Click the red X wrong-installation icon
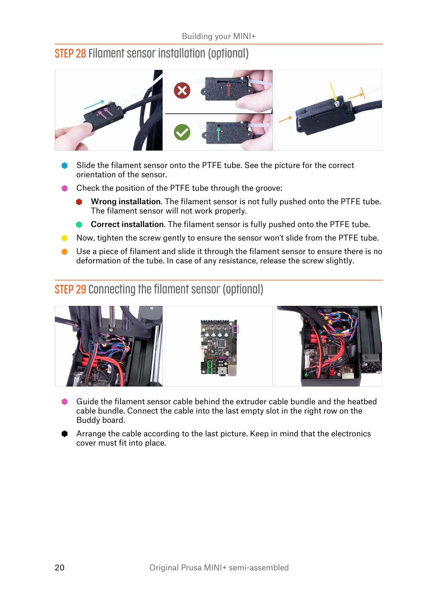(182, 91)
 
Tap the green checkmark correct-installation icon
(182, 132)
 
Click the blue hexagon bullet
(65, 166)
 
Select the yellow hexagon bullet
(65, 238)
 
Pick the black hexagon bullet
(65, 434)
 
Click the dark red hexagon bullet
(79, 202)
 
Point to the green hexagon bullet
(79, 225)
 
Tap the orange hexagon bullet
(65, 252)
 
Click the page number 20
(59, 567)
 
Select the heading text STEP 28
(70, 53)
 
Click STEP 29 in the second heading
(70, 289)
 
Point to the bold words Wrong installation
(126, 202)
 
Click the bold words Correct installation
(127, 224)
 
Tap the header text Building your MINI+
(219, 36)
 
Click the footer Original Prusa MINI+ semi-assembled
(219, 567)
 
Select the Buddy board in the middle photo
(218, 347)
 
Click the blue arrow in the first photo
(94, 104)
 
